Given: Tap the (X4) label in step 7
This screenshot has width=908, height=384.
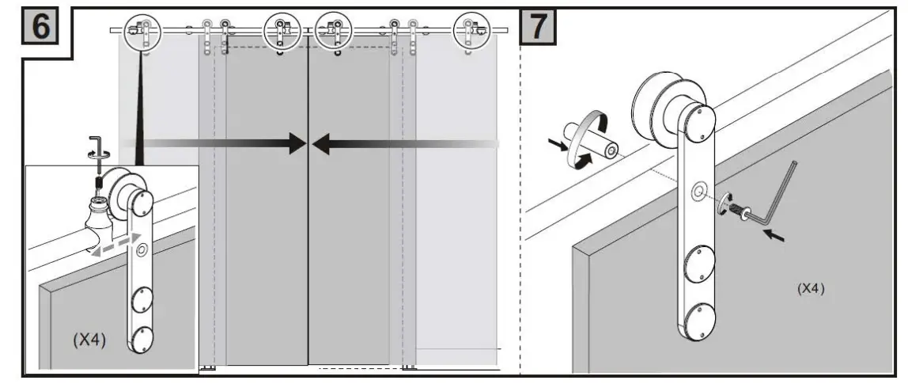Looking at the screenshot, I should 811,290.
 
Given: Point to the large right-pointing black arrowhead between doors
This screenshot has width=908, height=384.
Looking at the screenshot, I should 297,143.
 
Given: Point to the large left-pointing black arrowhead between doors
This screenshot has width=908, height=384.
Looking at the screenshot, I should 323,143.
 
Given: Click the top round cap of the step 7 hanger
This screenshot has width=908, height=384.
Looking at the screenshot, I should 699,120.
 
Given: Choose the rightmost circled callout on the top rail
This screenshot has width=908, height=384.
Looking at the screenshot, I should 471,31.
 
